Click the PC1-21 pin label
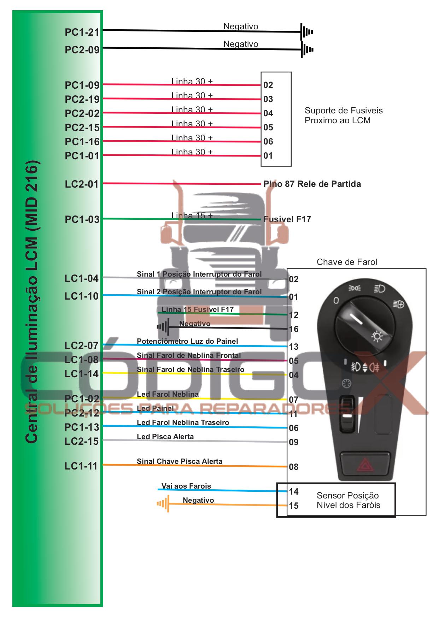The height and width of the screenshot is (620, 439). click(x=82, y=32)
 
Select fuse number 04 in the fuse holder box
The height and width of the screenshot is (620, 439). click(x=268, y=113)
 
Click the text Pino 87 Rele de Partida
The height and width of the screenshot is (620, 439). click(x=312, y=184)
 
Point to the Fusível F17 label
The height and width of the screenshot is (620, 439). click(x=287, y=219)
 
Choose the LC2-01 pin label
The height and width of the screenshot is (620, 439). click(x=82, y=184)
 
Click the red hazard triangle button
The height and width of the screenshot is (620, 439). click(x=365, y=465)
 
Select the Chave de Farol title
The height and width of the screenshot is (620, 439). click(x=347, y=262)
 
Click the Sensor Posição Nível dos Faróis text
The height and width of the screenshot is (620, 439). click(x=348, y=500)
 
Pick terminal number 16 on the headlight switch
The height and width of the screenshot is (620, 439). click(x=294, y=329)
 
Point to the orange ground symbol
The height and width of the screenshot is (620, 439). click(x=163, y=503)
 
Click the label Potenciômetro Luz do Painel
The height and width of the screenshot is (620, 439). click(x=187, y=341)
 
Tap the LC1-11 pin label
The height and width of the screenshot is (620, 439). click(x=81, y=466)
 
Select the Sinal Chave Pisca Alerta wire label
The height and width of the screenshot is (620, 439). click(x=180, y=461)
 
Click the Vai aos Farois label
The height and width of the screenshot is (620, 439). click(x=186, y=486)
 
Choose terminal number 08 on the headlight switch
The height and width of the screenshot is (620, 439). click(x=294, y=467)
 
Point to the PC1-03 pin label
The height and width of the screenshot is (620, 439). click(x=82, y=219)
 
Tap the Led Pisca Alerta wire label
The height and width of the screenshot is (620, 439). click(x=165, y=437)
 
